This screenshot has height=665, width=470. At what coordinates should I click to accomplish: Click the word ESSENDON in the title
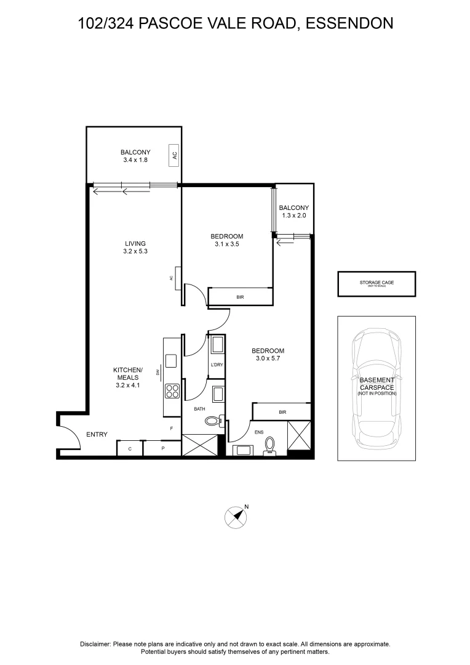(x=349, y=23)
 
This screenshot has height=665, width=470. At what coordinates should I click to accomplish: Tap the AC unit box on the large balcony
(x=175, y=155)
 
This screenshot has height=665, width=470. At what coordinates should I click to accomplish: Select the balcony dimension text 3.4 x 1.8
(x=135, y=160)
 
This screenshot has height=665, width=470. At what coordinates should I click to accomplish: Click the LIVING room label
(x=134, y=243)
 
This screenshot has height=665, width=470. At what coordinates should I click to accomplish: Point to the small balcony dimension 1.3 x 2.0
(x=293, y=216)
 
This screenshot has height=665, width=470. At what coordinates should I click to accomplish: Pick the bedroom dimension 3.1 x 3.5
(x=226, y=244)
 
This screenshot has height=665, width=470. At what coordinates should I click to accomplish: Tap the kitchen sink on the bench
(x=170, y=360)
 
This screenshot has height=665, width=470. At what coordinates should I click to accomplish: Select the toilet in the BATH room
(x=213, y=422)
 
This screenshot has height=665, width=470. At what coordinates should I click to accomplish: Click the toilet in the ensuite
(x=269, y=445)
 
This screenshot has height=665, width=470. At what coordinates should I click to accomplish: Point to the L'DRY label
(x=216, y=365)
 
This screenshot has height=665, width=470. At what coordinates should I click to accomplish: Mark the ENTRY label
(x=97, y=435)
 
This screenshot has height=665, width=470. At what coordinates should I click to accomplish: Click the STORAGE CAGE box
(x=376, y=284)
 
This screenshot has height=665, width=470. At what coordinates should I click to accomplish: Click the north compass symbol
(x=234, y=517)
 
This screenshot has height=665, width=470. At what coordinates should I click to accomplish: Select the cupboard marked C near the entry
(x=130, y=449)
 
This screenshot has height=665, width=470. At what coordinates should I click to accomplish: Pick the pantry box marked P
(x=162, y=449)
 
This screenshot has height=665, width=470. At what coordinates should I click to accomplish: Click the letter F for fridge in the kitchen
(x=172, y=428)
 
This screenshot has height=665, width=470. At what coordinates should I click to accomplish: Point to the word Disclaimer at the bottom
(x=95, y=643)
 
